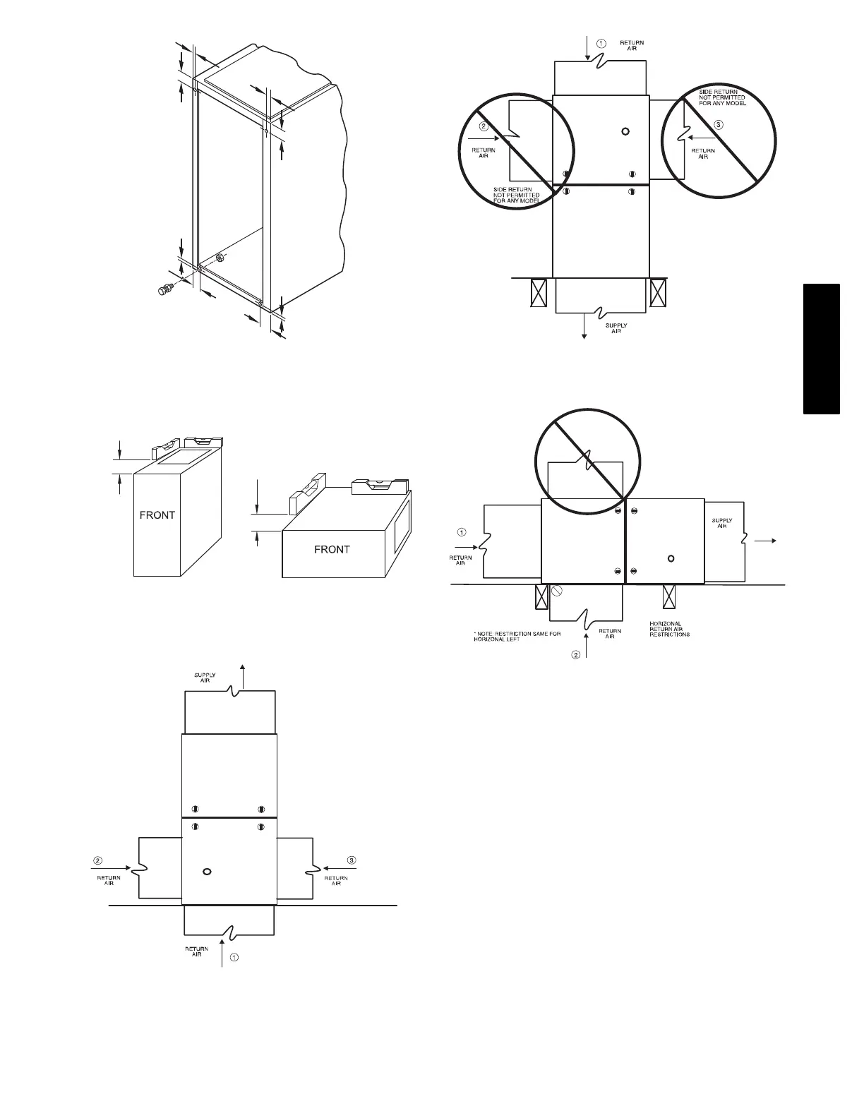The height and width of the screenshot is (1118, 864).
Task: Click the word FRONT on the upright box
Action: tap(157, 515)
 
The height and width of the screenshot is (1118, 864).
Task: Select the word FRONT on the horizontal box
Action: tap(332, 549)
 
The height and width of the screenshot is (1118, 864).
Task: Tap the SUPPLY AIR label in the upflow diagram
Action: tap(205, 678)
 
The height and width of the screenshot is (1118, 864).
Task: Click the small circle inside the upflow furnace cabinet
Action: tap(207, 872)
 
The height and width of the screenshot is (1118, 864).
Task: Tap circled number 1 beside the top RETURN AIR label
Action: tap(601, 43)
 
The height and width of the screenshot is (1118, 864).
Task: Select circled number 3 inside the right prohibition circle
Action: tap(719, 125)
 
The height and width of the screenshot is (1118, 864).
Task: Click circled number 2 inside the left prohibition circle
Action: tap(484, 127)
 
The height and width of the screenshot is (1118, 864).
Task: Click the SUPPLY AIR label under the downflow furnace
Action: tap(616, 328)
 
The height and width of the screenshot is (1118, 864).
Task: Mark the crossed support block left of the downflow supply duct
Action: tap(539, 292)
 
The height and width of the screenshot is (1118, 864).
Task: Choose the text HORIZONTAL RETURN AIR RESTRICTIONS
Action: tap(670, 629)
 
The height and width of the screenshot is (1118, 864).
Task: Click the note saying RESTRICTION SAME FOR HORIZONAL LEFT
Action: tap(517, 637)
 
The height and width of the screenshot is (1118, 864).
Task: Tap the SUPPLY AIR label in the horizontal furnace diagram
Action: tap(721, 523)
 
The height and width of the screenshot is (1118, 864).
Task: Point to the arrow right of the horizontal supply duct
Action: tap(766, 541)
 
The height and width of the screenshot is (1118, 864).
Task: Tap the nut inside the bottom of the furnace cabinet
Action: tap(220, 257)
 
